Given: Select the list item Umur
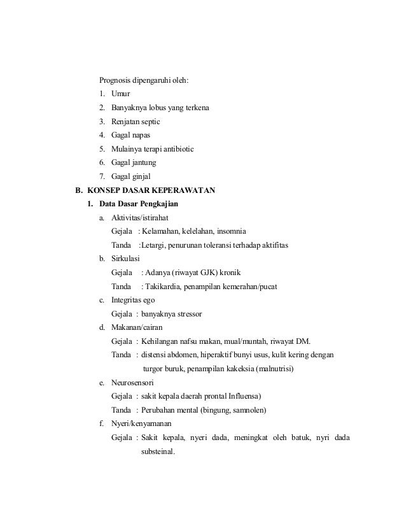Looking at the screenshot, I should click(x=121, y=94).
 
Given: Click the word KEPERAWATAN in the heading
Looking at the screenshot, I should click(x=184, y=190).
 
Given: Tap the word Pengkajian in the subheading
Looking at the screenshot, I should click(x=156, y=204).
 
